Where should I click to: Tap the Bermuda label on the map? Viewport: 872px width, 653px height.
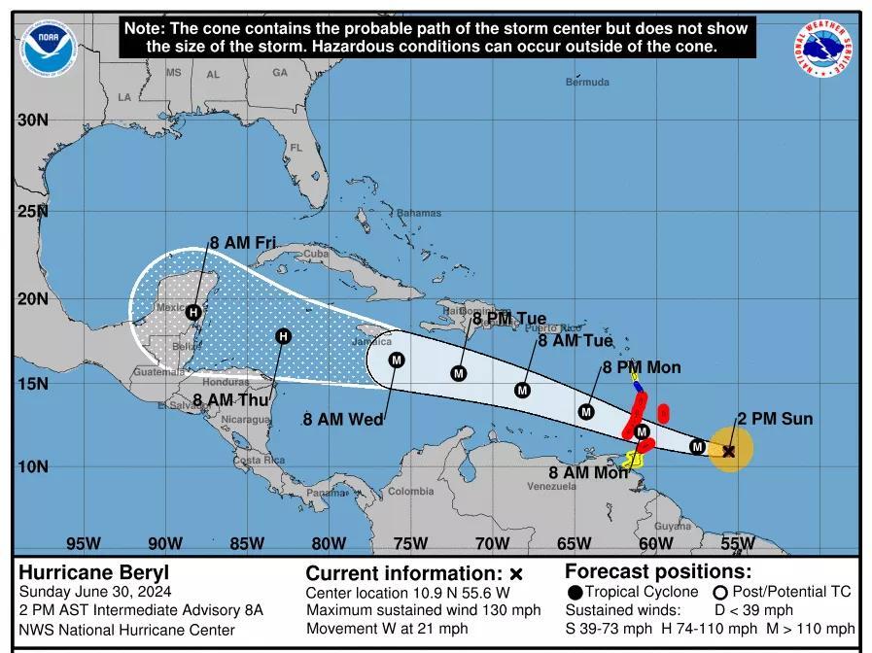[587, 83]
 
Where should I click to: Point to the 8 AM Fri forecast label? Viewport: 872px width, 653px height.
[243, 243]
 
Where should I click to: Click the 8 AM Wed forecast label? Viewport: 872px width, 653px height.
[342, 420]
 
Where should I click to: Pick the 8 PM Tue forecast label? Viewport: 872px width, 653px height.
[509, 319]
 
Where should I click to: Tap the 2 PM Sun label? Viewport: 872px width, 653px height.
[774, 419]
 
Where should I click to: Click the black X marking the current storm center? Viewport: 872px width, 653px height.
[729, 450]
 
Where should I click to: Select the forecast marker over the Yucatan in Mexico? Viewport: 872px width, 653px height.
[193, 312]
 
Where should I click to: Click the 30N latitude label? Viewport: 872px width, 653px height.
[32, 120]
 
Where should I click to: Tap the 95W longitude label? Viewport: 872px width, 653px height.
[83, 543]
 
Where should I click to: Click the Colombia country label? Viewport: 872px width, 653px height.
[410, 492]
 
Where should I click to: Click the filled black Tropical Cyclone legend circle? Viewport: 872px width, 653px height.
[576, 593]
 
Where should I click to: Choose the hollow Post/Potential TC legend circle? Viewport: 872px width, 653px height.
[720, 593]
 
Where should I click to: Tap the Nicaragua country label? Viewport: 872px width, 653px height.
[243, 420]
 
